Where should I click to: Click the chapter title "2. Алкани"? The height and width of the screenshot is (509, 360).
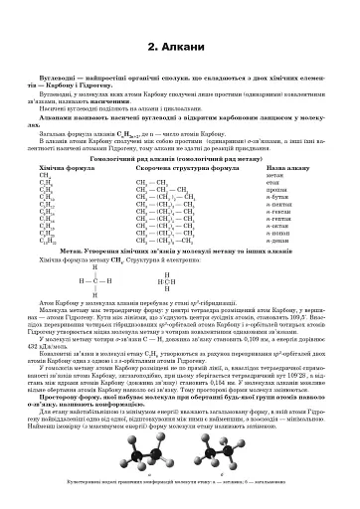coord(179,46)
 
